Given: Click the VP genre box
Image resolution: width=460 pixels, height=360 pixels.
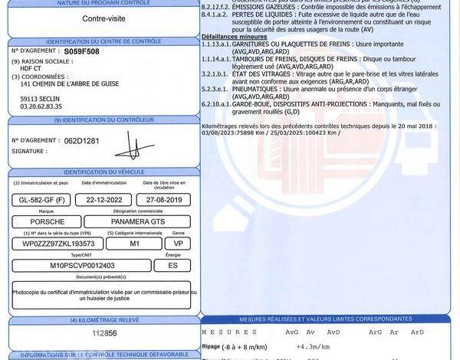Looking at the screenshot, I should click(x=177, y=244).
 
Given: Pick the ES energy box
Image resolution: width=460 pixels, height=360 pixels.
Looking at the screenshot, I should click(x=171, y=265).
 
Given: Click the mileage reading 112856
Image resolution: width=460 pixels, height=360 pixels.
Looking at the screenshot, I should click(x=105, y=333).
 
